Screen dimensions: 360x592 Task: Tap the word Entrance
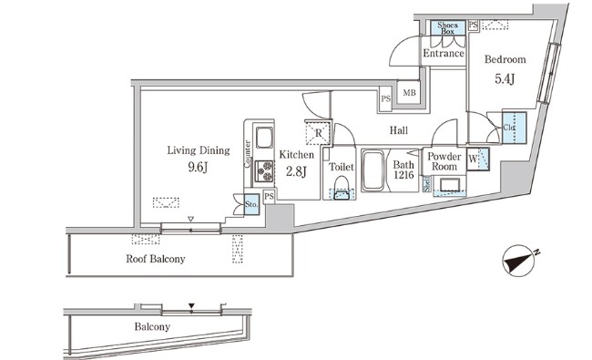(444, 54)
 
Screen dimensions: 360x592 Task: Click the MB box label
(409, 93)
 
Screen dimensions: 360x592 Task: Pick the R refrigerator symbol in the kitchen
(317, 133)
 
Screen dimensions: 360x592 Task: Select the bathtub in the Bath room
(374, 170)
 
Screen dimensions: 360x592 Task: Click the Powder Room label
(444, 161)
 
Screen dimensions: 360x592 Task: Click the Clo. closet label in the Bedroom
(509, 128)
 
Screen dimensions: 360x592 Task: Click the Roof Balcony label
(156, 259)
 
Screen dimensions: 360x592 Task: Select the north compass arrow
(521, 261)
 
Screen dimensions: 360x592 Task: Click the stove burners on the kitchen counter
(264, 170)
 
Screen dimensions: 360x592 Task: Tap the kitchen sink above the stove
(264, 140)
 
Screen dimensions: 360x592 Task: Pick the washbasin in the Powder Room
(448, 186)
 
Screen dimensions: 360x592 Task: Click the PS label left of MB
(386, 98)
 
